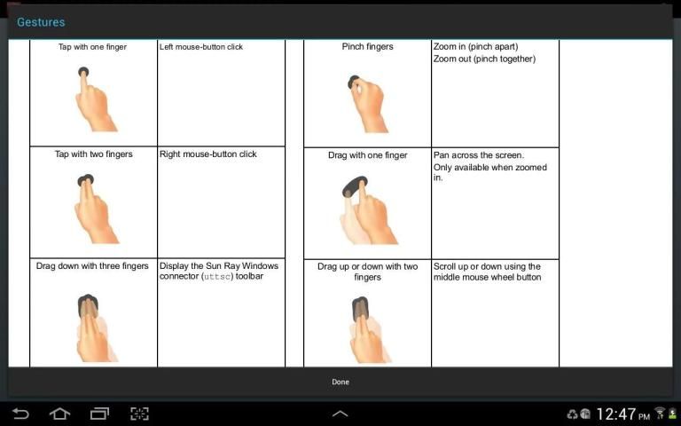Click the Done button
pos(340,382)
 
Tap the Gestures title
pos(41,22)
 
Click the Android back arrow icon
pos(20,414)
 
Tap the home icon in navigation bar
pos(59,414)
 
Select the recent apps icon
pos(99,414)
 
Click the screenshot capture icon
pos(139,414)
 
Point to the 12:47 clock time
pos(616,414)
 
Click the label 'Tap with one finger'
pos(92,47)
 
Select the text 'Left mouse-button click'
pos(201,47)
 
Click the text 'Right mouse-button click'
pos(208,154)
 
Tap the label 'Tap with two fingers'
pos(93,154)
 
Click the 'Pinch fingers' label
pos(367,46)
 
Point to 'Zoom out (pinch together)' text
pos(484,59)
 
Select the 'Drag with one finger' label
pos(367,155)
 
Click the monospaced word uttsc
pos(217,277)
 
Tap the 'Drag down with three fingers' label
pos(92,265)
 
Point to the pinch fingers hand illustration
pos(367,104)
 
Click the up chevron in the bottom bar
pos(340,414)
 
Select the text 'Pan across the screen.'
pos(479,155)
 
